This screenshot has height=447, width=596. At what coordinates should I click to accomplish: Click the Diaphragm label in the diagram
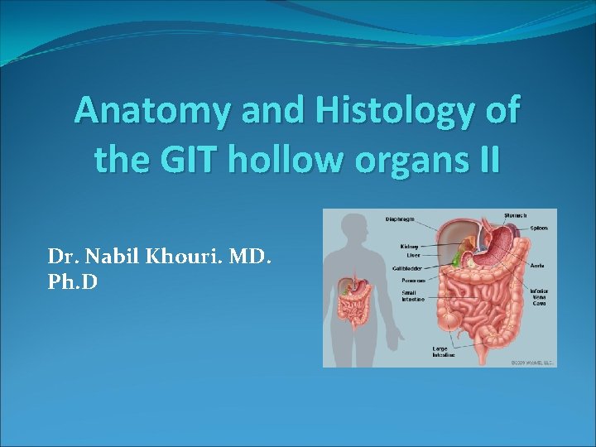pos(400,219)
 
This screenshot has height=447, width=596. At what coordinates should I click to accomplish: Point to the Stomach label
pos(515,215)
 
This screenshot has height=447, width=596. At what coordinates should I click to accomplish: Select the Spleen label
pos(538,227)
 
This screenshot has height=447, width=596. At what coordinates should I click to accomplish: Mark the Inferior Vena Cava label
pos(539,297)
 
